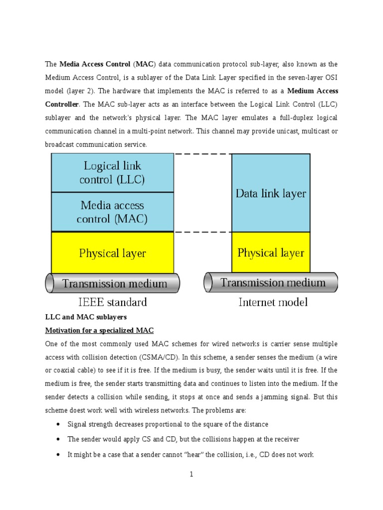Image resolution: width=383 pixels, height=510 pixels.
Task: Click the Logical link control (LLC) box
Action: (112, 172)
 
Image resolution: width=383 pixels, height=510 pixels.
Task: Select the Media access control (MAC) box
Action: (112, 212)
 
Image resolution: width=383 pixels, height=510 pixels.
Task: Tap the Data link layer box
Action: (271, 193)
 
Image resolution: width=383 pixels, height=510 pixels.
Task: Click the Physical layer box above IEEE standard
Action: (112, 253)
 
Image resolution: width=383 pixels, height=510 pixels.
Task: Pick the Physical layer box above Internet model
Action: (271, 253)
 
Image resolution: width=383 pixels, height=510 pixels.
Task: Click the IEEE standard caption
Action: (112, 302)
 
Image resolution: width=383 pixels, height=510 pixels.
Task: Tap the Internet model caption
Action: (273, 302)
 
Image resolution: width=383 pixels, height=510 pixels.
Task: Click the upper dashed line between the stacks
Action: (202, 154)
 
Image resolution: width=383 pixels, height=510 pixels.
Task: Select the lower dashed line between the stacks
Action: (202, 232)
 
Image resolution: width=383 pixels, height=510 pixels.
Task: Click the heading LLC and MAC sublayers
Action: (86, 317)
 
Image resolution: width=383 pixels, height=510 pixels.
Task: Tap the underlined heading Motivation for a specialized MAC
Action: (100, 330)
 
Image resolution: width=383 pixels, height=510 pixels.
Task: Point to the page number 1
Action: (191, 475)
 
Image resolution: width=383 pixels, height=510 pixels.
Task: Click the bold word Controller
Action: (62, 105)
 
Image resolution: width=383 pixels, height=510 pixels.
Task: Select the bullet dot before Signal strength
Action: (58, 424)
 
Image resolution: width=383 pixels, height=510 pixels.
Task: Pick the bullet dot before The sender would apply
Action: (58, 439)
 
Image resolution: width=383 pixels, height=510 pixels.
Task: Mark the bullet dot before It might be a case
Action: (58, 454)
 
